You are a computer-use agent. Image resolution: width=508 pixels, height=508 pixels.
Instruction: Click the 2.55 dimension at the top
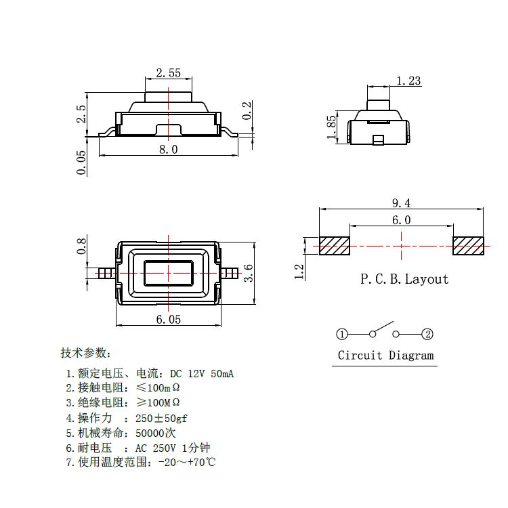[168, 73]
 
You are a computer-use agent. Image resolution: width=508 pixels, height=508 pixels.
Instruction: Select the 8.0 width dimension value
[168, 150]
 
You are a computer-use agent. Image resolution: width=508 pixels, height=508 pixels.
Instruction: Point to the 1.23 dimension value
[408, 81]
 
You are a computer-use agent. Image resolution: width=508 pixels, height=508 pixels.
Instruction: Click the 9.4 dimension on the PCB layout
[402, 203]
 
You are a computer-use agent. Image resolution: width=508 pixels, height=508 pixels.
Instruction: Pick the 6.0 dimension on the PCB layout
[402, 220]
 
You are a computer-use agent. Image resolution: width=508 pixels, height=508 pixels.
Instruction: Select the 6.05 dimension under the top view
[168, 320]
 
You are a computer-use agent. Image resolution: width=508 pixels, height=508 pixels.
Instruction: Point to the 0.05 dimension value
[82, 163]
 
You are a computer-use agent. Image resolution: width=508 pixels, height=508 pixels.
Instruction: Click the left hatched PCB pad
[335, 246]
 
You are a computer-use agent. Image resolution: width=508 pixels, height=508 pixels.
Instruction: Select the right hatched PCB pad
[468, 246]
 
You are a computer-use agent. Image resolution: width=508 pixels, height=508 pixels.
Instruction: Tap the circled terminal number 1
[342, 334]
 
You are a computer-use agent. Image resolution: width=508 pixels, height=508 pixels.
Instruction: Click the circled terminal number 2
[427, 334]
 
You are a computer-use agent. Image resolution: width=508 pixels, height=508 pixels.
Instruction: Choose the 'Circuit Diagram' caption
[386, 356]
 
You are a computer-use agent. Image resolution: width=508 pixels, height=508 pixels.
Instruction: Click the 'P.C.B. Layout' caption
[404, 279]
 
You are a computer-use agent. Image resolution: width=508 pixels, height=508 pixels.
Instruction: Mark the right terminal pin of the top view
[231, 274]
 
